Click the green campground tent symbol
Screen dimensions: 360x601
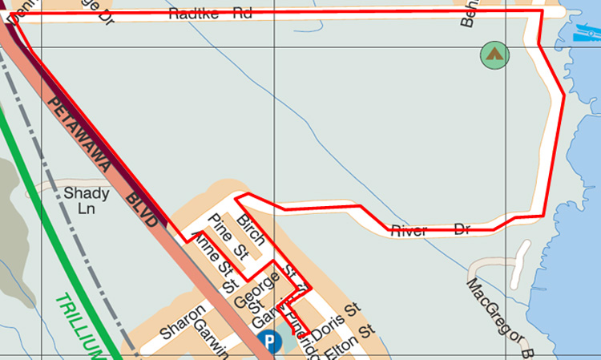pyautogui.click(x=494, y=55)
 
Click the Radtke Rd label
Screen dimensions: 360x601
pyautogui.click(x=210, y=13)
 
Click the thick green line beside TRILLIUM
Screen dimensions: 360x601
pyautogui.click(x=48, y=241)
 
